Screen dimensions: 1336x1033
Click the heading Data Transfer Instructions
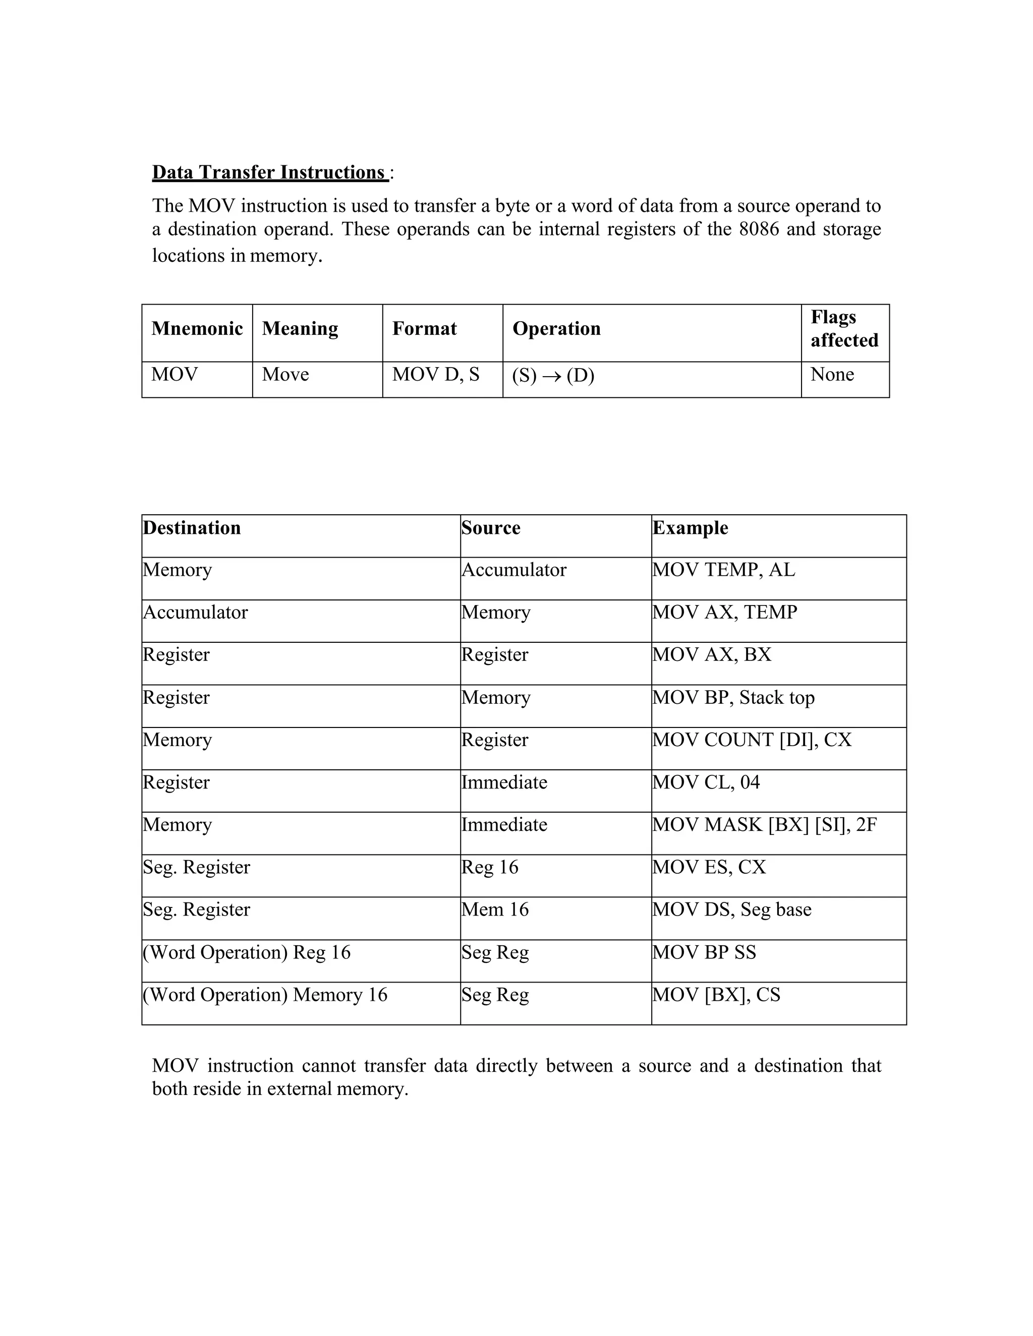pos(269,172)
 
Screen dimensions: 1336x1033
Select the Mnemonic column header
pos(197,329)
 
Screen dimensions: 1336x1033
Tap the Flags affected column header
pos(844,329)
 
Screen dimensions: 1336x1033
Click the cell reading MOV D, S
pos(435,375)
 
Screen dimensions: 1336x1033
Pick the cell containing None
pos(832,375)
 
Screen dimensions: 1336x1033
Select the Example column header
pos(691,528)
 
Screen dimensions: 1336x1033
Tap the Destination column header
pos(192,528)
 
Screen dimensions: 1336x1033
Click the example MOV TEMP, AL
pos(723,570)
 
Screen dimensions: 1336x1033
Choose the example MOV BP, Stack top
pos(733,698)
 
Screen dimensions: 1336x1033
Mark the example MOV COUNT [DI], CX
pos(752,740)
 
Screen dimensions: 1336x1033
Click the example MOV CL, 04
pos(706,782)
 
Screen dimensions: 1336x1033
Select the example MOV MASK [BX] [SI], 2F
pos(764,825)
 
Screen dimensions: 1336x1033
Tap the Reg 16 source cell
pos(490,868)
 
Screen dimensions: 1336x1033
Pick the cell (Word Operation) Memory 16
pos(265,995)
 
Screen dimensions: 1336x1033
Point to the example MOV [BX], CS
pos(716,995)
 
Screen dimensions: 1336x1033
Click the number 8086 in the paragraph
pos(759,229)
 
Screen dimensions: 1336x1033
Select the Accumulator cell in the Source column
pos(513,570)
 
